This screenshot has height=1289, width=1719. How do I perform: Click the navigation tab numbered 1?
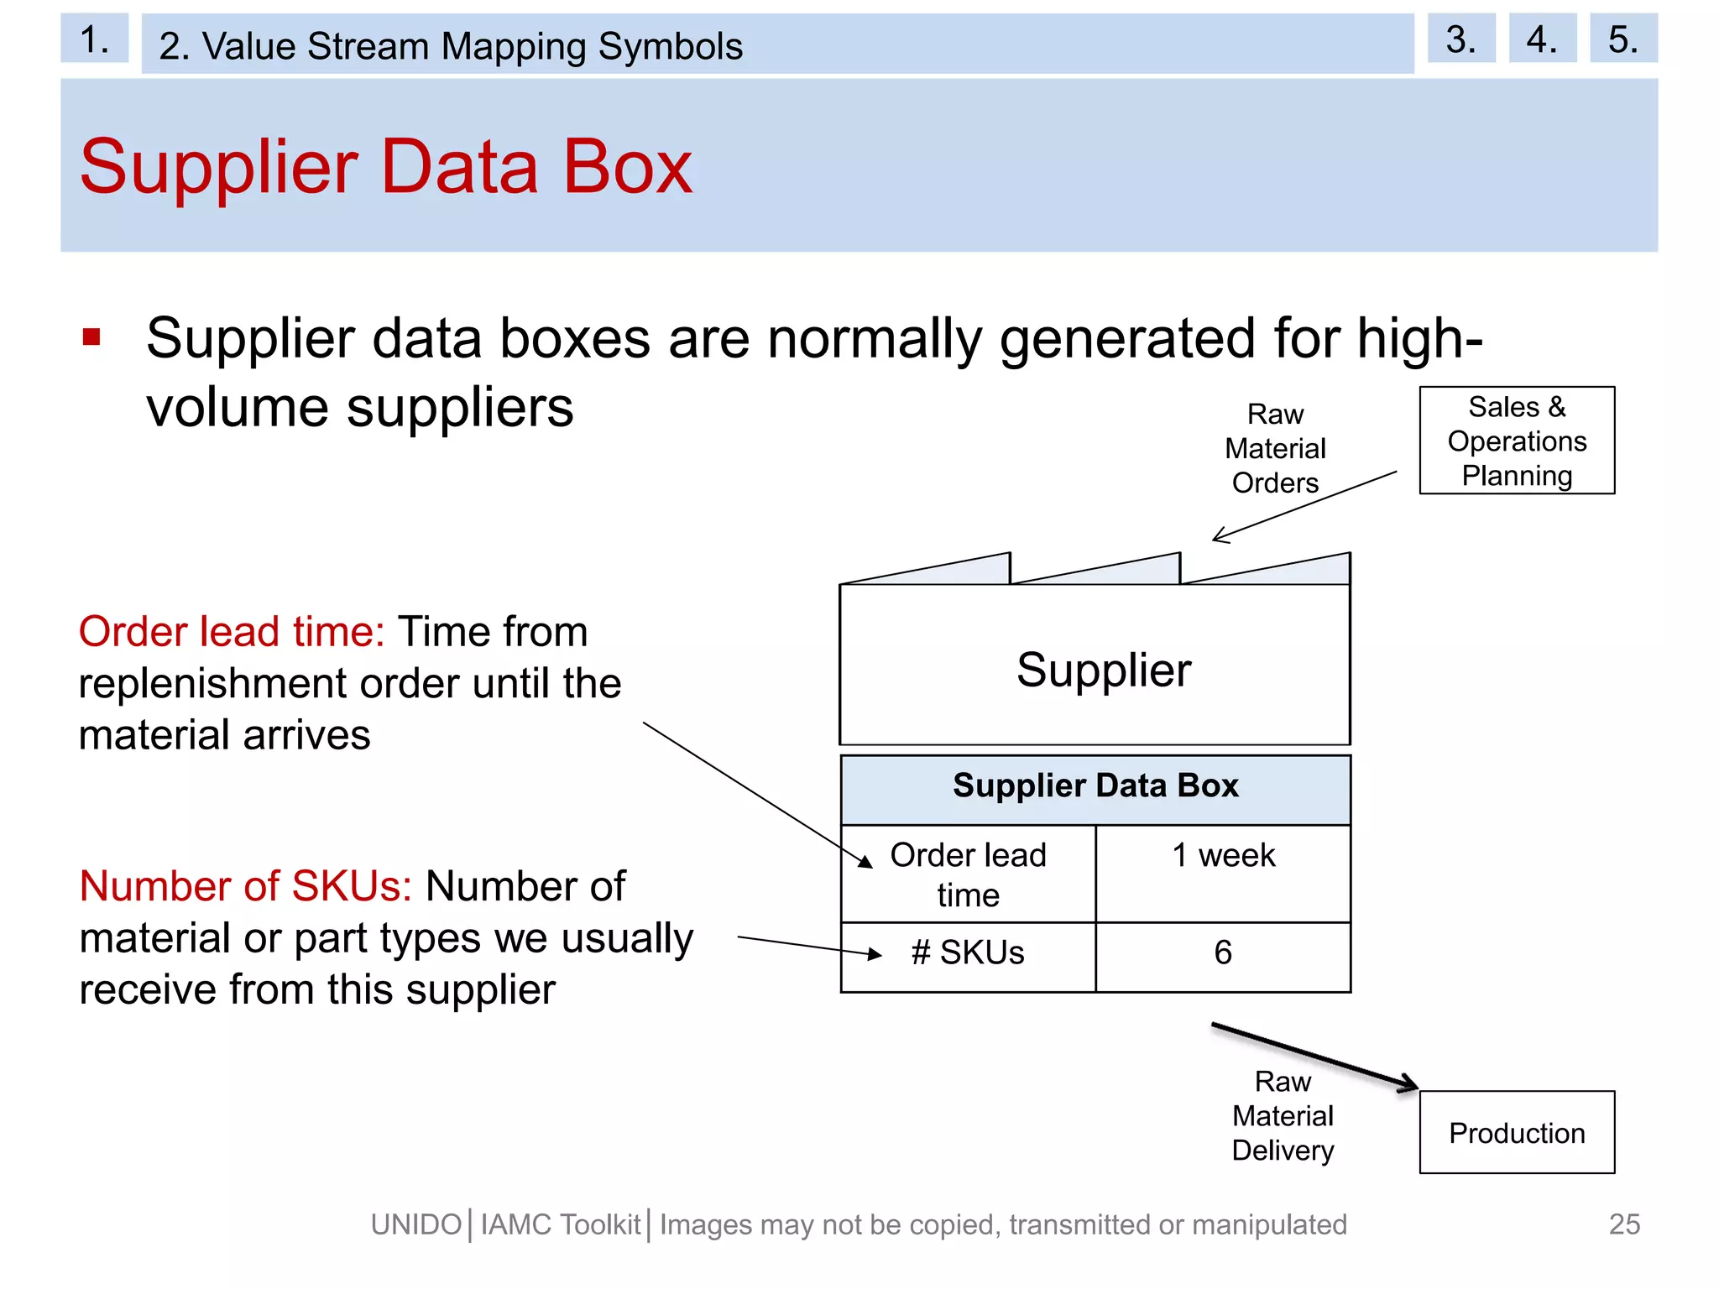94,39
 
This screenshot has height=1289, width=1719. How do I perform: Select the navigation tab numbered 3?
1460,39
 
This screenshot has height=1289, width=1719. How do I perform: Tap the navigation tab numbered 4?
1542,39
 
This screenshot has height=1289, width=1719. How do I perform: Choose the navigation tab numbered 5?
1622,39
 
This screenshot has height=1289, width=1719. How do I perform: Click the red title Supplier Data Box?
386,167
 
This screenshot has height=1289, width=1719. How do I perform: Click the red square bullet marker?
91,337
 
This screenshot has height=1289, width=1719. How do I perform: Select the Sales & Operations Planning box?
1517,441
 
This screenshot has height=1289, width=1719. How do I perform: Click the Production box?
1517,1132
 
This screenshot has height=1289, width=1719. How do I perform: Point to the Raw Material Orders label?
1275,449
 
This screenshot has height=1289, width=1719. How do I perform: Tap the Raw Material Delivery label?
1283,1115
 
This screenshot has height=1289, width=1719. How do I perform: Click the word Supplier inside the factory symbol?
1104,670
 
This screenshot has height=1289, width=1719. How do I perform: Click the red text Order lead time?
232,632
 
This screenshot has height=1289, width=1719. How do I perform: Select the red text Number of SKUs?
245,886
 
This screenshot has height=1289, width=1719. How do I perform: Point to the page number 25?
1624,1224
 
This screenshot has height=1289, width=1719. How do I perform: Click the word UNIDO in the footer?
416,1225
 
